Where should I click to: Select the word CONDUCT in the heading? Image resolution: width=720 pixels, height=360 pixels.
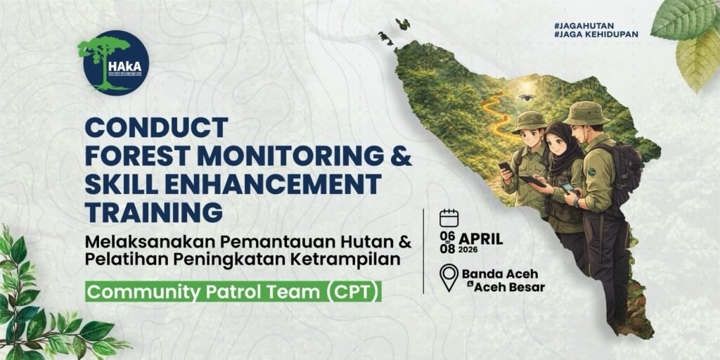[156, 129]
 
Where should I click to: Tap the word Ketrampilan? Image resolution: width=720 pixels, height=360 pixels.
[361, 259]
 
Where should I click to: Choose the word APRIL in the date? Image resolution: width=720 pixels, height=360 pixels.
[482, 238]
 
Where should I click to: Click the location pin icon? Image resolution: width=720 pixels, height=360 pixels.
[449, 277]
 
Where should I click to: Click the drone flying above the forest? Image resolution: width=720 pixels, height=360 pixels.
[526, 97]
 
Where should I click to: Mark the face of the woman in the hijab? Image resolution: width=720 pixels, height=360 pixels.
[557, 142]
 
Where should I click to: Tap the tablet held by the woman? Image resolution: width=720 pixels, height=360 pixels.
[532, 181]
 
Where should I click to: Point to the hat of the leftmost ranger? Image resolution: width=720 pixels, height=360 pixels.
[529, 121]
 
